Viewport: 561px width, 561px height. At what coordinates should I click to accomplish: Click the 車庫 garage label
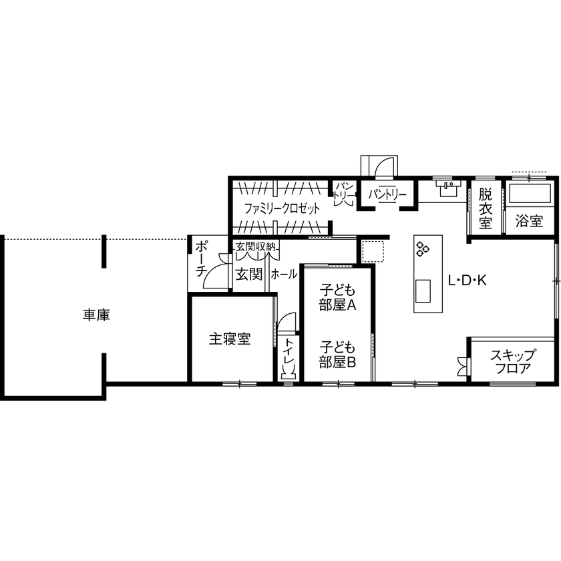click(96, 315)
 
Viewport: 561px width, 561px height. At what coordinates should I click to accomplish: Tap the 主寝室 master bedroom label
click(230, 339)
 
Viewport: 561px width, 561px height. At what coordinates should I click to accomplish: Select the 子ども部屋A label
click(337, 299)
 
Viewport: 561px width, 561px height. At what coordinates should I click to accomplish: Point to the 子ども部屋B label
click(337, 355)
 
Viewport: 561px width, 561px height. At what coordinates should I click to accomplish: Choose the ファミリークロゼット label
click(281, 208)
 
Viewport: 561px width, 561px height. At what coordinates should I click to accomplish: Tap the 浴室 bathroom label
click(529, 220)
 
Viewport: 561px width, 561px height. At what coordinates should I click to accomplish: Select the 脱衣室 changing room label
click(486, 209)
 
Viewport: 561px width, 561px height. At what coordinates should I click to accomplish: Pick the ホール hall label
click(284, 274)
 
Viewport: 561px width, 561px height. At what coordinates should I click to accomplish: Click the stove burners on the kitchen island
click(423, 250)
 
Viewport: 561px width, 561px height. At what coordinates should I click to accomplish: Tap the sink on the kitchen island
click(423, 291)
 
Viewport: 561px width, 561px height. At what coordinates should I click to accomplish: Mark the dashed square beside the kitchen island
click(371, 251)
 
